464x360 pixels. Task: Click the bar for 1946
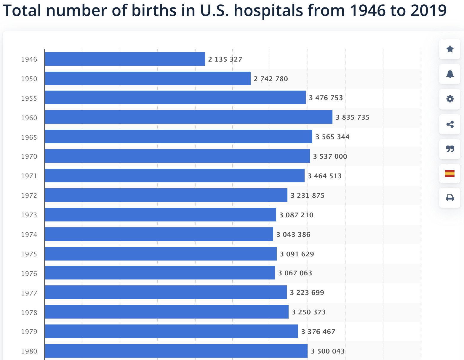coord(125,59)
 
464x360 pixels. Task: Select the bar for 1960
coord(188,117)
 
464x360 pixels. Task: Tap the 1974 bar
coord(159,234)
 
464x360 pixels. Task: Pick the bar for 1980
coord(176,351)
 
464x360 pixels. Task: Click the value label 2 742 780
coord(271,79)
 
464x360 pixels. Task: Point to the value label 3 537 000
coord(330,156)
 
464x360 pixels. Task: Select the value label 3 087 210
coord(296,215)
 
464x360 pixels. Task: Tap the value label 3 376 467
coord(318,332)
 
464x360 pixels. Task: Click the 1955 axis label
coord(29,98)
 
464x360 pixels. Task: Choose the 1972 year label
coord(29,195)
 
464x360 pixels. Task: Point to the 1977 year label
coord(29,293)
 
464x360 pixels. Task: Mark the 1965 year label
coord(29,137)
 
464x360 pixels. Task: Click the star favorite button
coord(450,49)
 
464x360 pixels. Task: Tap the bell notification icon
coord(450,74)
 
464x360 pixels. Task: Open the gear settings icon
coord(450,99)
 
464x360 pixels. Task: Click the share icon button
coord(450,124)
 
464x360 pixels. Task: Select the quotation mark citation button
coord(450,149)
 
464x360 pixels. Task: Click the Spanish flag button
coord(450,173)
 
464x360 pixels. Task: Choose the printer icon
coord(450,197)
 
